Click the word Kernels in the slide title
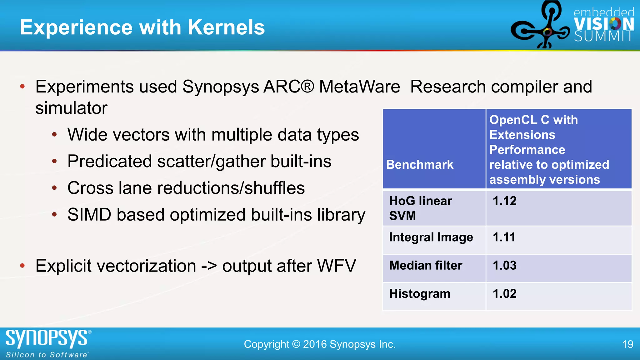point(226,27)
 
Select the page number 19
point(627,344)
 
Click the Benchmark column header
point(420,165)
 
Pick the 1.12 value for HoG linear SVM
point(504,201)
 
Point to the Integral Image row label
point(431,237)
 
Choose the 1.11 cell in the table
point(504,237)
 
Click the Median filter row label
point(426,266)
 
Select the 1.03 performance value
point(504,266)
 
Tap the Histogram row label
point(420,294)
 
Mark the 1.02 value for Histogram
point(504,294)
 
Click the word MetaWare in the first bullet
point(359,87)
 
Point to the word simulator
point(71,108)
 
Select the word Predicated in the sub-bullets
point(110,162)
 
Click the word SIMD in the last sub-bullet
point(89,215)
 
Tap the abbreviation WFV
point(336,266)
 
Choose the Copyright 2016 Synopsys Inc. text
point(320,344)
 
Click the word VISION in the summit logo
point(604,24)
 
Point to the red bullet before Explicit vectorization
point(22,266)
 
